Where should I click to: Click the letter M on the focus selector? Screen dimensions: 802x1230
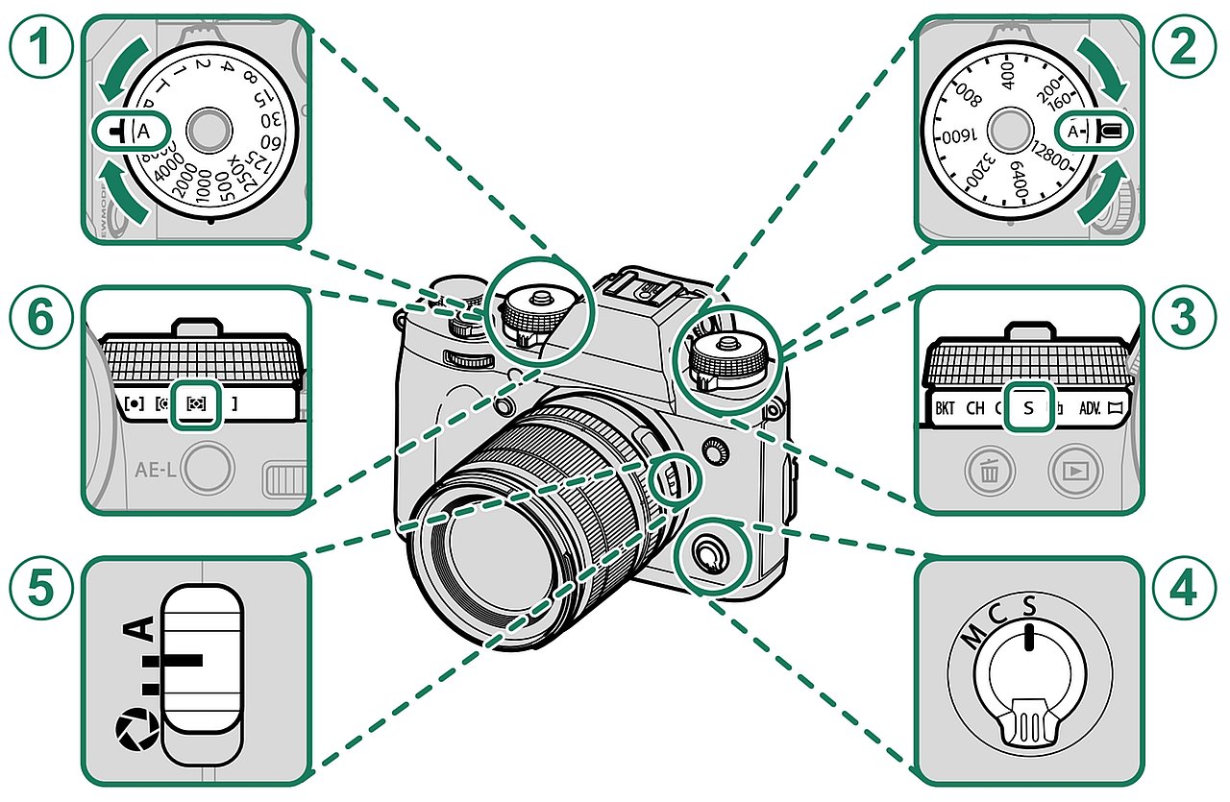point(973,635)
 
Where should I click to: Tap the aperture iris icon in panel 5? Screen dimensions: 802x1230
point(127,731)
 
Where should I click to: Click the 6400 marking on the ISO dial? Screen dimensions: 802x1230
point(1021,179)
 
